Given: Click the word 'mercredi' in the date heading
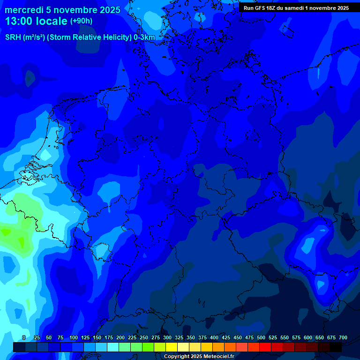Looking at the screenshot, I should (x=24, y=10).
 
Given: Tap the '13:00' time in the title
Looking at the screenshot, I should (x=21, y=21).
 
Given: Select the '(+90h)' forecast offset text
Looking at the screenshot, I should (x=81, y=21).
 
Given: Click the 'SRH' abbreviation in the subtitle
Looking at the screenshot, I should (x=13, y=37).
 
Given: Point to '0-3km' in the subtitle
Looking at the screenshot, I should (x=144, y=37).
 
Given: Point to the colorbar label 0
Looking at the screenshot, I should (x=24, y=337).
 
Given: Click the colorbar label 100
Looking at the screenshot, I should (x=74, y=337).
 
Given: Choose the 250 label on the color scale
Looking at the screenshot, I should (x=144, y=337).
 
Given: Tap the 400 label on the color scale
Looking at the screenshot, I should (x=214, y=337).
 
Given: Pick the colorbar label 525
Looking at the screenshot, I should (x=273, y=337).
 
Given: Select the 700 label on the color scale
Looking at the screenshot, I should (x=343, y=337).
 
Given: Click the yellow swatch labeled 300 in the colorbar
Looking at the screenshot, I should (x=172, y=347).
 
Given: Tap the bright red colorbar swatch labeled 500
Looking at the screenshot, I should (x=265, y=347).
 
